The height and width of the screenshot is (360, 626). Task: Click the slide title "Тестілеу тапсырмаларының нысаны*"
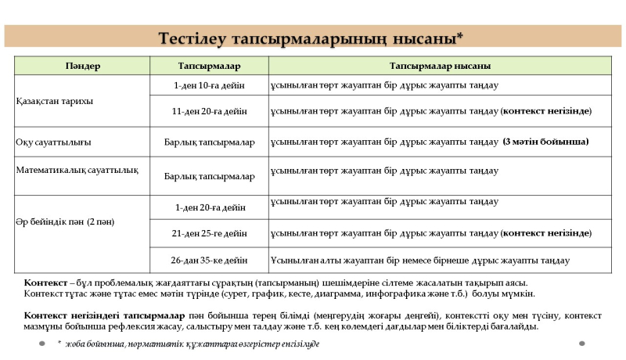click(x=311, y=38)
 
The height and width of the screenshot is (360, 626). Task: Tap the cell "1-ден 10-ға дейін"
click(x=209, y=85)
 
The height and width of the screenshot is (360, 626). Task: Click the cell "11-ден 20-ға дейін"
click(x=209, y=111)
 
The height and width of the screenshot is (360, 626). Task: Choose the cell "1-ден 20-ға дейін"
click(x=209, y=207)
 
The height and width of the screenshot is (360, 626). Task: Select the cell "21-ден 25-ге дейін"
click(x=209, y=233)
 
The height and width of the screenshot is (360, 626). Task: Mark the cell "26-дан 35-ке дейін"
click(x=209, y=260)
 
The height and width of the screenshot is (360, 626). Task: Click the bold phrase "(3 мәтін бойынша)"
click(x=545, y=142)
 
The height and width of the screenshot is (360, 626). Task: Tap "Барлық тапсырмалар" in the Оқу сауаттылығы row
click(x=209, y=142)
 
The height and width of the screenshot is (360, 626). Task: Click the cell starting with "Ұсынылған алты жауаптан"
click(x=419, y=260)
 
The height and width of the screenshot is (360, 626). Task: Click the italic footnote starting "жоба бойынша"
click(x=192, y=344)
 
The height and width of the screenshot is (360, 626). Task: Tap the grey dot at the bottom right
click(x=581, y=343)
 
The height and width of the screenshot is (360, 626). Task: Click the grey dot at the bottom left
click(x=42, y=343)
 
